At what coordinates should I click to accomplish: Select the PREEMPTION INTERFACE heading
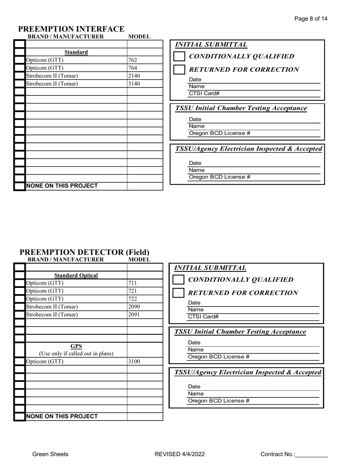(71, 29)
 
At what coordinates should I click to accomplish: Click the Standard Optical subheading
(76, 275)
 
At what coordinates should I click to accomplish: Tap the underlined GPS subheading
(76, 346)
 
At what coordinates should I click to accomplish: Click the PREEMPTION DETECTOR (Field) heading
(84, 252)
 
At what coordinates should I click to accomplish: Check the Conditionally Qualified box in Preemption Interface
(179, 56)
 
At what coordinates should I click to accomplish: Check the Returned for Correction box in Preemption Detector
(178, 293)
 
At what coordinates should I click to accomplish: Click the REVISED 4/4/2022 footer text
(180, 454)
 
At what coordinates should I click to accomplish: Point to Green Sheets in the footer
(50, 454)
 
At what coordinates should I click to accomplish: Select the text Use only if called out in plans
(76, 354)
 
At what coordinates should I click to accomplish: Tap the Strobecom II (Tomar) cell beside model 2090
(52, 307)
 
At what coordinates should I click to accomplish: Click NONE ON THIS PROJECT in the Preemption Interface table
(62, 186)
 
